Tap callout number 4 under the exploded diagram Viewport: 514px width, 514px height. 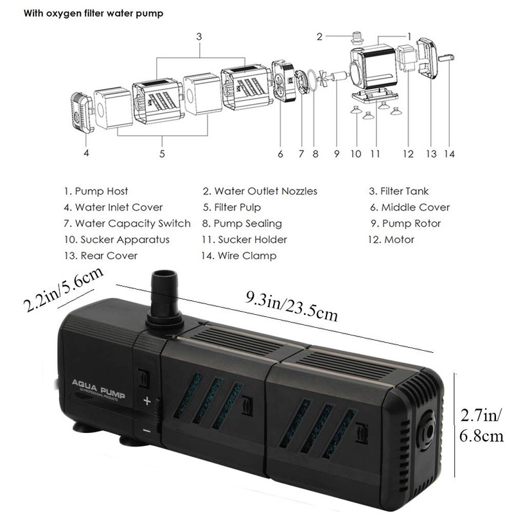[x=85, y=153]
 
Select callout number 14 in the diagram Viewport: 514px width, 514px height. [x=449, y=154]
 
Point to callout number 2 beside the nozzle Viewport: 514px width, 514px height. [x=319, y=36]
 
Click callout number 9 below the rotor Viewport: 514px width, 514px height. [x=336, y=154]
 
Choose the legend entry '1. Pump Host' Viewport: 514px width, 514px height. [x=96, y=191]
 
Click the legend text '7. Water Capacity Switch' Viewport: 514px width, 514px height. [x=127, y=224]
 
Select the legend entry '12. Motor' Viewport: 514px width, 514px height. [x=391, y=240]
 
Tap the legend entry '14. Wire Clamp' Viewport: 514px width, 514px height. [x=240, y=256]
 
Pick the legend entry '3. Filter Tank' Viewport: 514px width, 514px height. [x=398, y=191]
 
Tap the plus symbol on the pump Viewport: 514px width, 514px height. [x=146, y=403]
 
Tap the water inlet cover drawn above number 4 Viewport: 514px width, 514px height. [x=79, y=112]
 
